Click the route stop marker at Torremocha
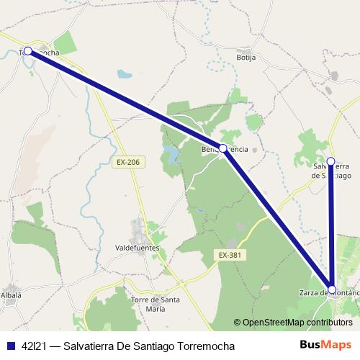[28, 50]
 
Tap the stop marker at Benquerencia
[223, 148]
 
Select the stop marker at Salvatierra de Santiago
[330, 161]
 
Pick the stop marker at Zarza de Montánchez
[330, 287]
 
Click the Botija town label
[247, 56]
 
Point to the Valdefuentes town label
[137, 247]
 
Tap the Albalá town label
[11, 295]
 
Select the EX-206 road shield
[127, 163]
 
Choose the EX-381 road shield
[229, 255]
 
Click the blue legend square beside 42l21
[10, 346]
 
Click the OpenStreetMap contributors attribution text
[298, 323]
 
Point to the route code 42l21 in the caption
[35, 346]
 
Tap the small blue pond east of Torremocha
[125, 73]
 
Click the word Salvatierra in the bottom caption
[90, 346]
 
